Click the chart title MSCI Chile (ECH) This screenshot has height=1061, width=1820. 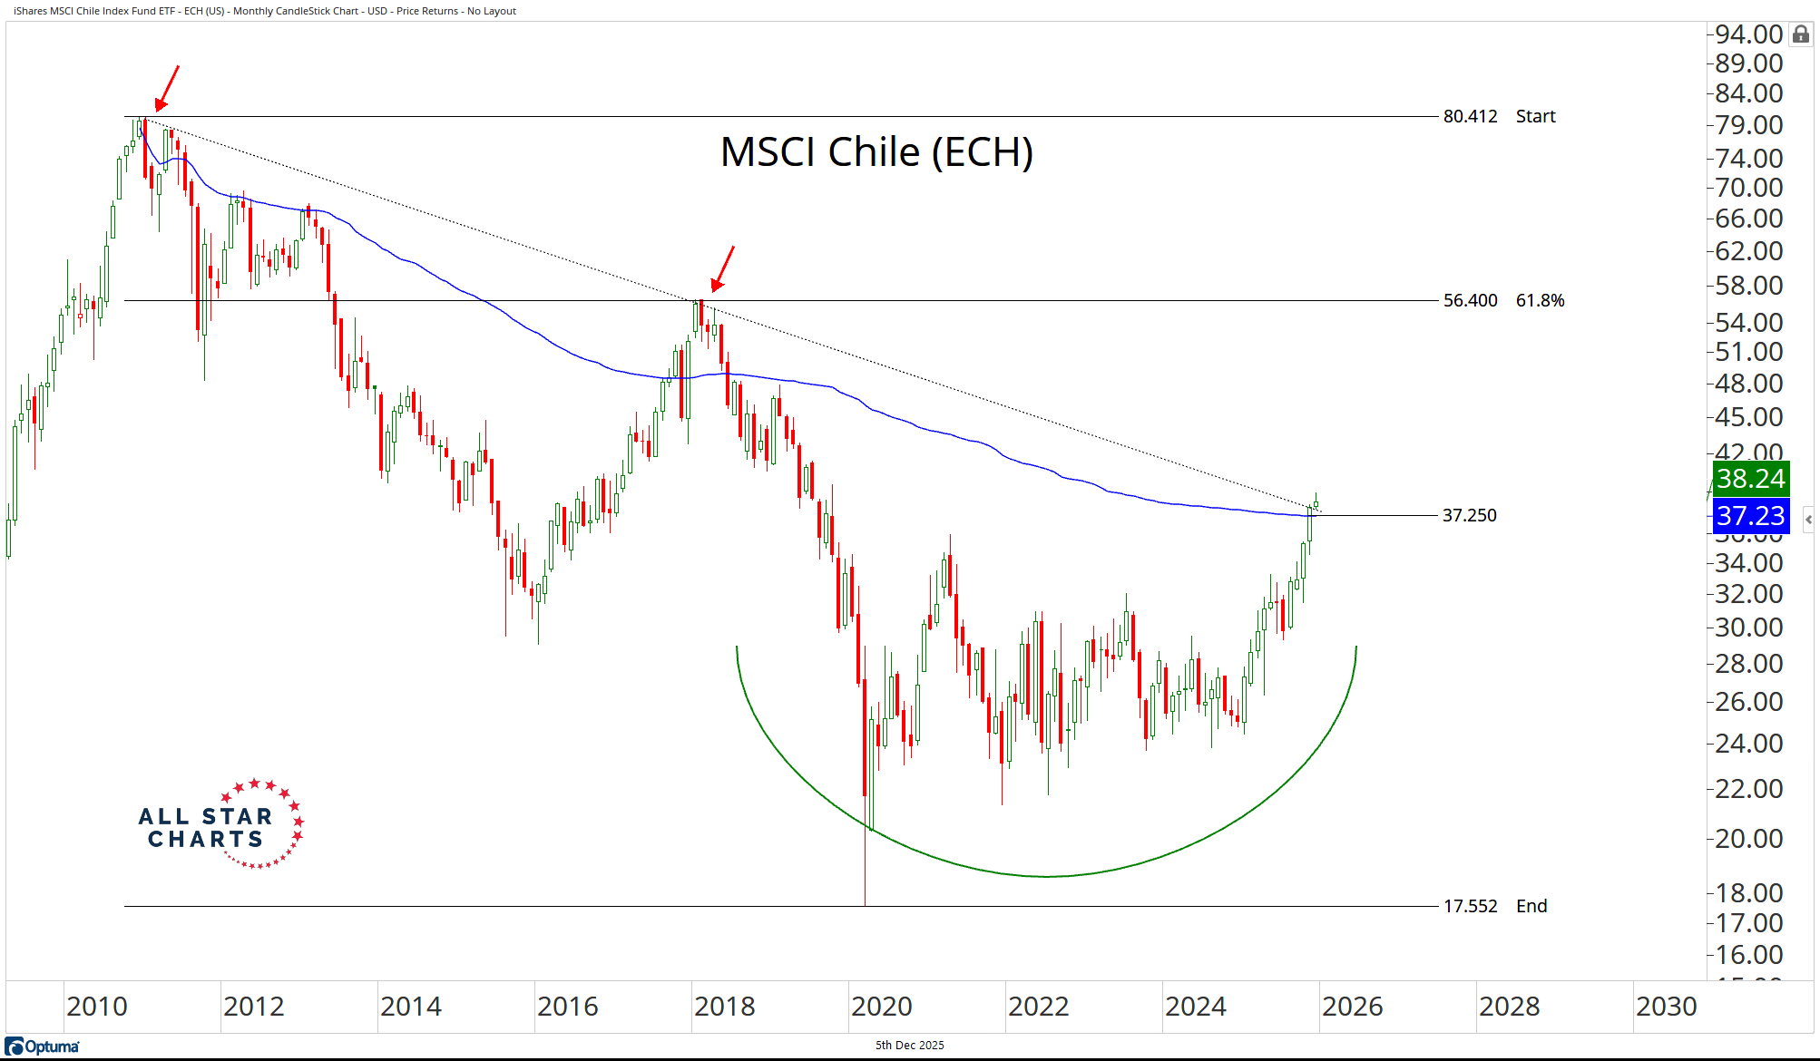coord(876,152)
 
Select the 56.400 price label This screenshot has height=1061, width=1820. coord(1470,300)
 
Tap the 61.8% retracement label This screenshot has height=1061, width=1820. coord(1540,300)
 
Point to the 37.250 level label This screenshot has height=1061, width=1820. coord(1469,515)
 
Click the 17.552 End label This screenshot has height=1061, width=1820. coord(1494,906)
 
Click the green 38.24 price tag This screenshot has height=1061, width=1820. coord(1750,478)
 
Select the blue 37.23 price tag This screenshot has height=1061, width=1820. coord(1750,516)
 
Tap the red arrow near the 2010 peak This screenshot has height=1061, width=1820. coord(167,88)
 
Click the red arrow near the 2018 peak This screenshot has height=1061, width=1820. coord(722,268)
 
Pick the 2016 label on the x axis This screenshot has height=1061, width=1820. coord(567,1007)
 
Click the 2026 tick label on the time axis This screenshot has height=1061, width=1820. coord(1352,1007)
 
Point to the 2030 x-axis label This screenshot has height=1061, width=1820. coord(1666,1007)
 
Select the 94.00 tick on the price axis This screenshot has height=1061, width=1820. coord(1748,34)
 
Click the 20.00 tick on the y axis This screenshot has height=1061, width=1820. coord(1748,838)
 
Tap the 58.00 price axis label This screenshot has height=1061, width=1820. coord(1748,286)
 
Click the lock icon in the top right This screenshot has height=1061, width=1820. coord(1801,34)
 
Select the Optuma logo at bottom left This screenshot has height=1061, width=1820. coord(43,1046)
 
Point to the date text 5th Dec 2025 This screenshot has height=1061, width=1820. coord(909,1046)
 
